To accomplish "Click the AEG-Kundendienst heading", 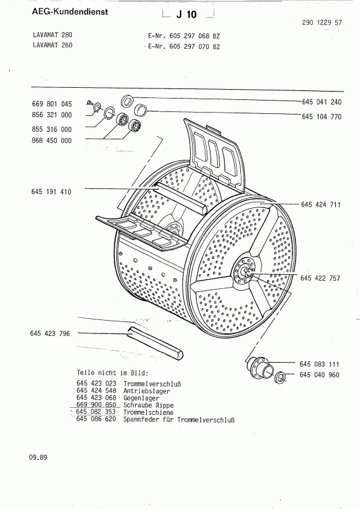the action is pyautogui.click(x=70, y=12).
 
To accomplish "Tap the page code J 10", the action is pyautogui.click(x=186, y=14).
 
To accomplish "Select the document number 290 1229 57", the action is pyautogui.click(x=322, y=22).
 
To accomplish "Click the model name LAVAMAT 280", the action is pyautogui.click(x=53, y=35).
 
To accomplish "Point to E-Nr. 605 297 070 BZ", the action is pyautogui.click(x=184, y=46).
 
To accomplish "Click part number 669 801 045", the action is pyautogui.click(x=52, y=104).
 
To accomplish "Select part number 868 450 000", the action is pyautogui.click(x=52, y=141).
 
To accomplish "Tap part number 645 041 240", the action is pyautogui.click(x=322, y=102).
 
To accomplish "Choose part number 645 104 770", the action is pyautogui.click(x=322, y=116).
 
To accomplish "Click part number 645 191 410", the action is pyautogui.click(x=52, y=192).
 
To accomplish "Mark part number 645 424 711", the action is pyautogui.click(x=321, y=204).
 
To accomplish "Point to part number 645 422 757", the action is pyautogui.click(x=320, y=278).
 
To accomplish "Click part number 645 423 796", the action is pyautogui.click(x=50, y=333).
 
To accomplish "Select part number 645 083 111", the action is pyautogui.click(x=319, y=364).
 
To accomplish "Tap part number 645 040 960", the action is pyautogui.click(x=319, y=375).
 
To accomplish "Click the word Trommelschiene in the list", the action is pyautogui.click(x=148, y=412).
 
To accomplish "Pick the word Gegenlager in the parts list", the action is pyautogui.click(x=141, y=398).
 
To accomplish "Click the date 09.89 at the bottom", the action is pyautogui.click(x=38, y=457).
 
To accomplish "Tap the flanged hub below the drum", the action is pyautogui.click(x=260, y=366).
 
